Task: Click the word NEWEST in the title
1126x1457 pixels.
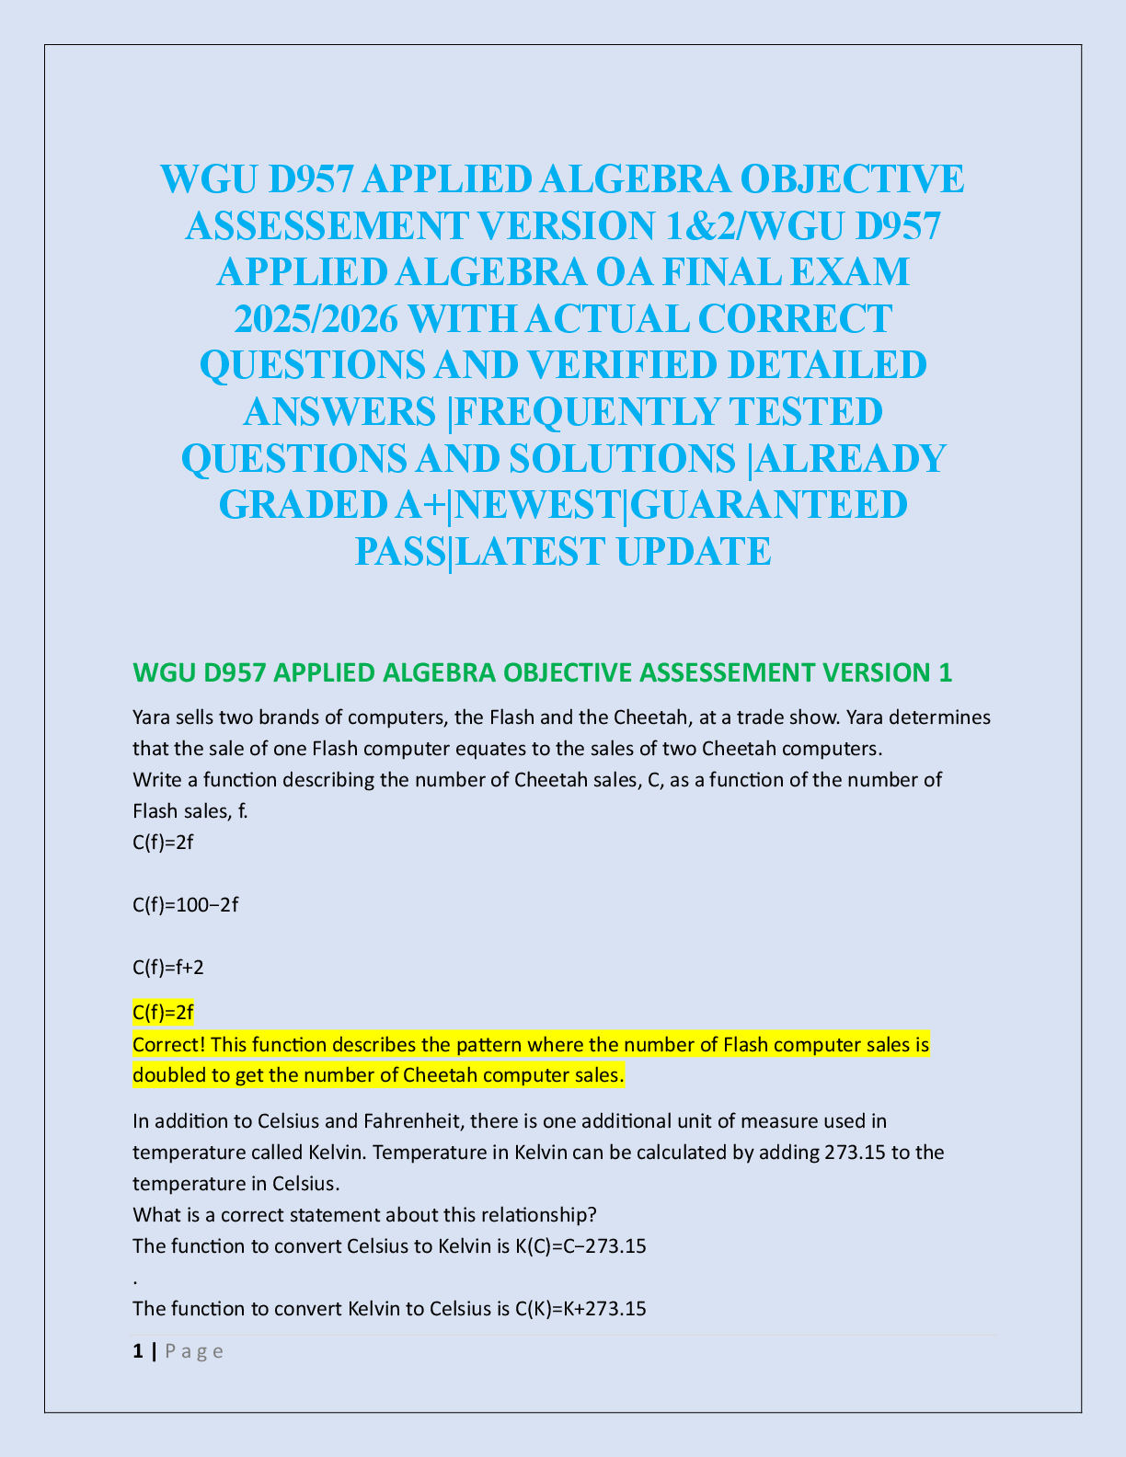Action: coord(542,504)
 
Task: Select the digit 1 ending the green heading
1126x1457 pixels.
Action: coord(945,672)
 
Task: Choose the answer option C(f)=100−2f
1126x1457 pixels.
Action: coord(186,905)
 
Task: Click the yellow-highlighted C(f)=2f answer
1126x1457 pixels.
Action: coord(164,1013)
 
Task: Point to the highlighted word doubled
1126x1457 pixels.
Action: coord(166,1075)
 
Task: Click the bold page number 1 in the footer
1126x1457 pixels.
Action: coord(138,1351)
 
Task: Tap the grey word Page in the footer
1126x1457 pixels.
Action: coord(194,1351)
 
